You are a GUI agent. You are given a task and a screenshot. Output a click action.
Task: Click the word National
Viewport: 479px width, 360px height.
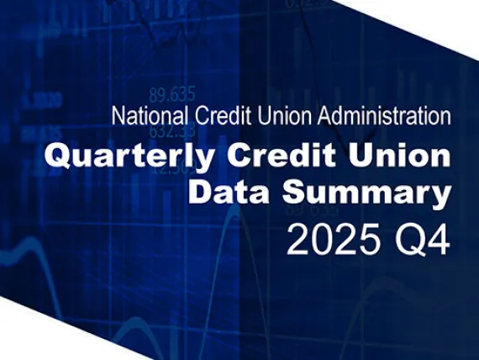click(143, 116)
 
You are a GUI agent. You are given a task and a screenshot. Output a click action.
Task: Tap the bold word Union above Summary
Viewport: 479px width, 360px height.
click(403, 156)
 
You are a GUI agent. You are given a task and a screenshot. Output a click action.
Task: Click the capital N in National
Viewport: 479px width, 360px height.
click(116, 116)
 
